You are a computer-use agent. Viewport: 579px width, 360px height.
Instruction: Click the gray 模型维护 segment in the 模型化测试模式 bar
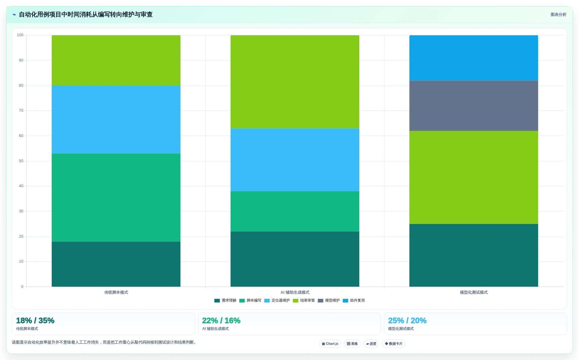pos(473,106)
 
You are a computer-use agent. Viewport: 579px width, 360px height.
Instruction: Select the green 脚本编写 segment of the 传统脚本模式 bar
pos(116,197)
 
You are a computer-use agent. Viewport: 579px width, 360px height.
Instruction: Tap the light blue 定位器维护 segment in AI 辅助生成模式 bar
pos(295,160)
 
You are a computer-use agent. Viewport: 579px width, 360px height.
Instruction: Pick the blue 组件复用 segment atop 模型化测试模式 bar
pos(473,58)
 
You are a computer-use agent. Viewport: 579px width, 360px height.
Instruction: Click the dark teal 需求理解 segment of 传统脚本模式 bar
pos(116,264)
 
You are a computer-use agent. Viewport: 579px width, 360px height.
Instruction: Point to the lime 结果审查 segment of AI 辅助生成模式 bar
pos(295,82)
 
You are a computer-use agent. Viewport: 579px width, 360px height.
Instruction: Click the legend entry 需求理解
pos(225,301)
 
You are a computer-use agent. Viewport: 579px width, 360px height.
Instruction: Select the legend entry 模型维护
pos(329,301)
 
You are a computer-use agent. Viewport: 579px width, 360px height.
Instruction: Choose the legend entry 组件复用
pos(354,301)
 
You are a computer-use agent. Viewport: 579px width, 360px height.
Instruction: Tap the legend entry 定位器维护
pos(277,301)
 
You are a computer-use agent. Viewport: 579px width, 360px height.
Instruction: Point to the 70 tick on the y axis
pos(21,110)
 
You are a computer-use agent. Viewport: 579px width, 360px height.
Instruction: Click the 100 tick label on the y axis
pos(20,35)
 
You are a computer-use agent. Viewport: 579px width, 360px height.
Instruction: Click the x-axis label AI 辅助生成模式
pos(295,292)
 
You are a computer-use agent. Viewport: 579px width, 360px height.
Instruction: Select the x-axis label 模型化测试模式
pos(474,292)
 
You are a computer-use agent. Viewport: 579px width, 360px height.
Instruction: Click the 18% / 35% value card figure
pos(35,320)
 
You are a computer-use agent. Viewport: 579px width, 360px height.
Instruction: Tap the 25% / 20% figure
pos(407,320)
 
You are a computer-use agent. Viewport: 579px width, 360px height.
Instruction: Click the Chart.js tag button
pos(330,344)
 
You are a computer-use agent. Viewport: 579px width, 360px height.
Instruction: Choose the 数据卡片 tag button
pos(394,344)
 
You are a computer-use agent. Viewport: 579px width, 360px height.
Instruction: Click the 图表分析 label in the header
pos(558,15)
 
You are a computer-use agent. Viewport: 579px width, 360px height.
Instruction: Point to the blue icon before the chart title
pos(14,15)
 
